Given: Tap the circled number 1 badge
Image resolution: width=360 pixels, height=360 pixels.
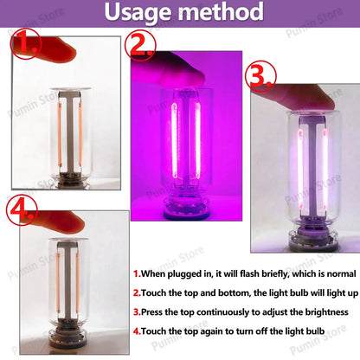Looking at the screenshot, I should (26, 43).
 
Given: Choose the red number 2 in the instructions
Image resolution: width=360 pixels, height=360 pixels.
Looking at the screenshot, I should (136, 292).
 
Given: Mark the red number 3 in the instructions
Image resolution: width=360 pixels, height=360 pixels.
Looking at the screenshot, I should (136, 312).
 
